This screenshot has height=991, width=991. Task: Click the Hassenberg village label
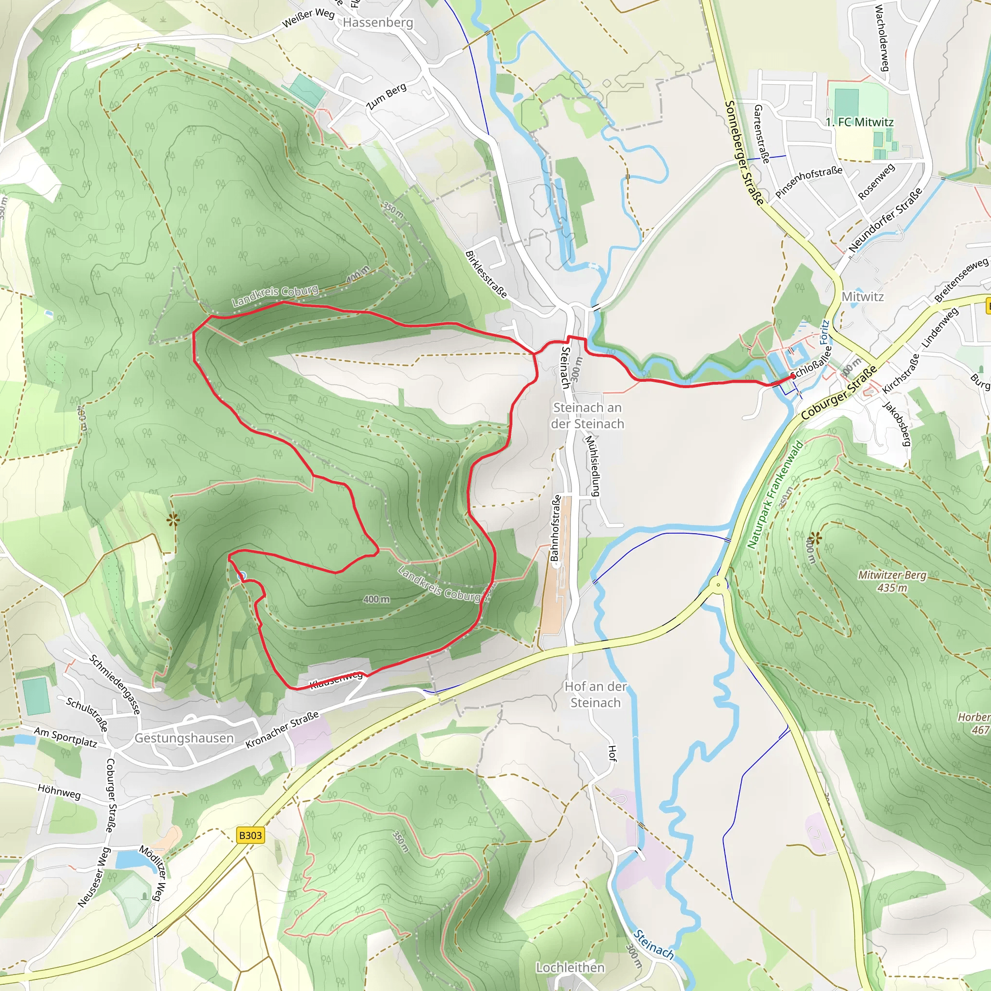pyautogui.click(x=377, y=23)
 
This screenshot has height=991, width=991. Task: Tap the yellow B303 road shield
pyautogui.click(x=250, y=836)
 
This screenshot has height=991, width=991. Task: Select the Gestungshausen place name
pyautogui.click(x=184, y=738)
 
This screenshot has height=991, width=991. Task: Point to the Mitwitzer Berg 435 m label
pyautogui.click(x=892, y=582)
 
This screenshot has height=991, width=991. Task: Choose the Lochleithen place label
pyautogui.click(x=570, y=967)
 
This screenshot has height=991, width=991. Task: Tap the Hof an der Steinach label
pyautogui.click(x=596, y=694)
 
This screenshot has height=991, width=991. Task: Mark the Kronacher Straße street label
pyautogui.click(x=282, y=729)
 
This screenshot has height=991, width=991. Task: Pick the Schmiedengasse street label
pyautogui.click(x=115, y=684)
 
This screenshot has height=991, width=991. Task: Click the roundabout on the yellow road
pyautogui.click(x=719, y=585)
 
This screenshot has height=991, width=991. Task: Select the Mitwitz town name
pyautogui.click(x=863, y=297)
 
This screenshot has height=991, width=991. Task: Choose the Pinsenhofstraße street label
pyautogui.click(x=809, y=181)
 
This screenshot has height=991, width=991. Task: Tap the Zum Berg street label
pyautogui.click(x=387, y=96)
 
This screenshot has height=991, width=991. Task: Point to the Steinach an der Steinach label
pyautogui.click(x=587, y=416)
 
